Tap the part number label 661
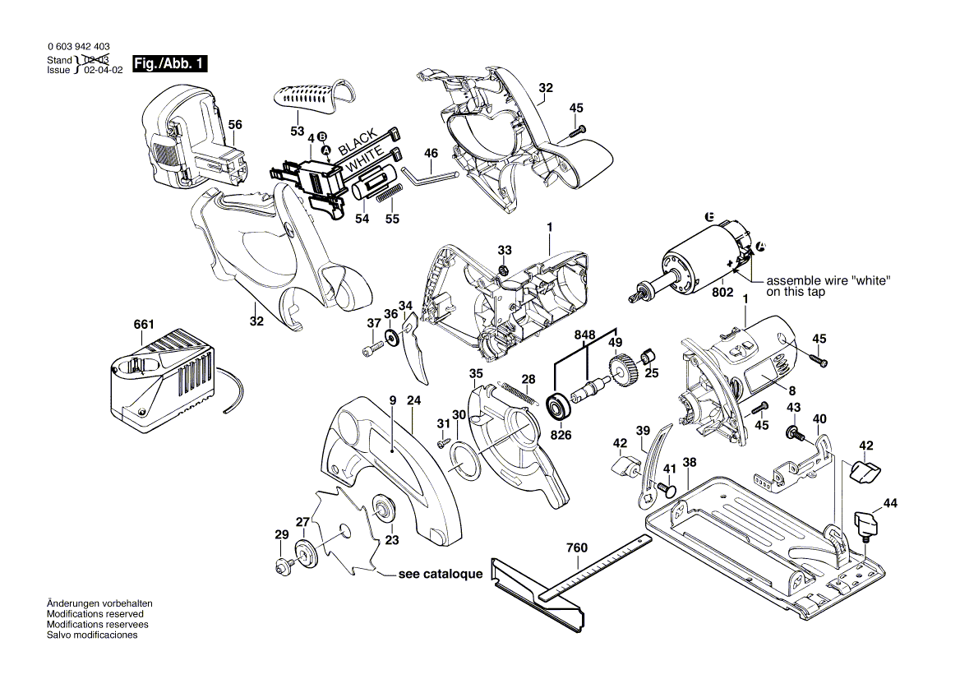(143, 325)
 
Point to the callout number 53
(297, 132)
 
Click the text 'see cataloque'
(441, 575)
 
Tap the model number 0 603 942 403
(80, 47)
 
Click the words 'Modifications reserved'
(95, 614)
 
